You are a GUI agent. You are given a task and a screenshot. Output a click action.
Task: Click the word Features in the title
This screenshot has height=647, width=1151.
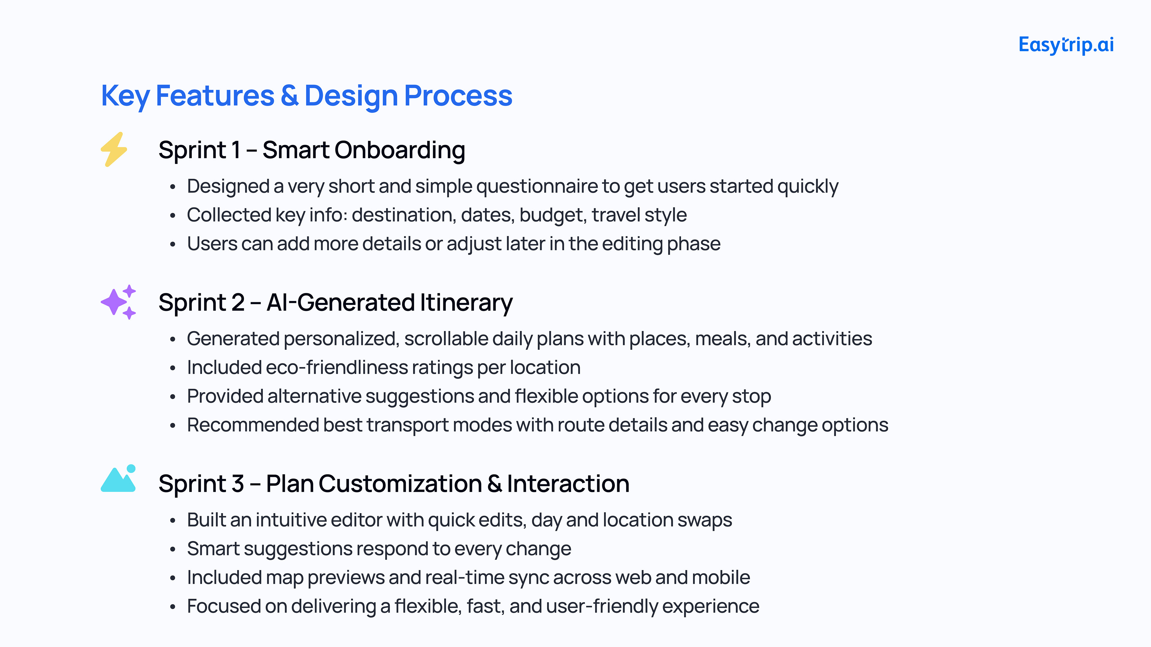pyautogui.click(x=215, y=96)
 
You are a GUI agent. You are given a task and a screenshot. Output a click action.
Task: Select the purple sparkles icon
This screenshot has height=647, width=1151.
pyautogui.click(x=118, y=302)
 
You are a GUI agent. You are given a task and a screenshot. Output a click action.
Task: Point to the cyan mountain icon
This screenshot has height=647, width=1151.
pyautogui.click(x=118, y=478)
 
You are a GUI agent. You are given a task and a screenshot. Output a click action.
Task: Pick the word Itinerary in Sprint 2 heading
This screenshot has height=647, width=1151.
pyautogui.click(x=466, y=303)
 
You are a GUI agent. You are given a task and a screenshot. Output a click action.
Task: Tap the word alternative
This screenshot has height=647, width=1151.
pyautogui.click(x=314, y=397)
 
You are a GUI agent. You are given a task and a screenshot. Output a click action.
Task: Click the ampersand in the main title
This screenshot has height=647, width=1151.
pyautogui.click(x=290, y=96)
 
